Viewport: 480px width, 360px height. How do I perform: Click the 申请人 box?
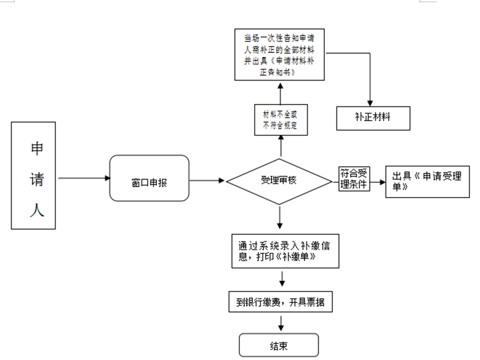pyautogui.click(x=33, y=175)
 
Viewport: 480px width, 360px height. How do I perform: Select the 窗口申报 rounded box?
pyautogui.click(x=150, y=178)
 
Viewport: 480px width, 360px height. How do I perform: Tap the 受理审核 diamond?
pyautogui.click(x=279, y=182)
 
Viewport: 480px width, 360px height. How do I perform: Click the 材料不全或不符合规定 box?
pyautogui.click(x=281, y=120)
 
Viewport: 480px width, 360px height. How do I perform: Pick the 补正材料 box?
pyautogui.click(x=373, y=118)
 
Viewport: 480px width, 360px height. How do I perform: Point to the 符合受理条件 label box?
pyautogui.click(x=354, y=179)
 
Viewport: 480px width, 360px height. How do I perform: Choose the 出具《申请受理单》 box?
pyautogui.click(x=427, y=182)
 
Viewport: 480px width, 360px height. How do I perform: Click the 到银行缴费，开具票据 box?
pyautogui.click(x=281, y=302)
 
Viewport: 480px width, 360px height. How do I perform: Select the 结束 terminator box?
pyautogui.click(x=279, y=345)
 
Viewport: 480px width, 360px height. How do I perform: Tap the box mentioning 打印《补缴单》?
pyautogui.click(x=286, y=251)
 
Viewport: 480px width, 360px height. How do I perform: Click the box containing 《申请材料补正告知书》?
pyautogui.click(x=279, y=55)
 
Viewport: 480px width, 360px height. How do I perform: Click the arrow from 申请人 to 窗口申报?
pyautogui.click(x=84, y=178)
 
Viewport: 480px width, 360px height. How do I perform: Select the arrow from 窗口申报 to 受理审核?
pyautogui.click(x=207, y=180)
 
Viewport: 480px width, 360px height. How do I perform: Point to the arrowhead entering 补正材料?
pyautogui.click(x=370, y=103)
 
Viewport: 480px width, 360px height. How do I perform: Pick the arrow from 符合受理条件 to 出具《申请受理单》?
pyautogui.click(x=378, y=182)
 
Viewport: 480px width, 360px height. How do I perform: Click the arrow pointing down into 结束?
pyautogui.click(x=281, y=323)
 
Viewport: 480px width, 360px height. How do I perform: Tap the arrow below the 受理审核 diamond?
pyautogui.click(x=279, y=218)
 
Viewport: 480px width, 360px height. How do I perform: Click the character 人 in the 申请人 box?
pyautogui.click(x=37, y=210)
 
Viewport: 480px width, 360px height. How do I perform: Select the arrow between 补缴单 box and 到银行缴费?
pyautogui.click(x=282, y=279)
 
